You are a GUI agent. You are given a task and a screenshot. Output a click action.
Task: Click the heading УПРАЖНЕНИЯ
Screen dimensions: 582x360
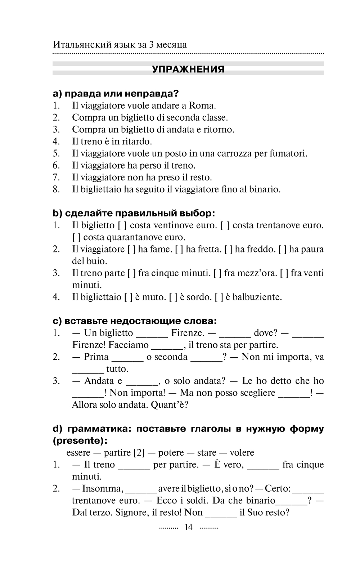coord(188,69)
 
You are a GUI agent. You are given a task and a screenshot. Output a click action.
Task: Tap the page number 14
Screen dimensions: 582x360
coord(188,527)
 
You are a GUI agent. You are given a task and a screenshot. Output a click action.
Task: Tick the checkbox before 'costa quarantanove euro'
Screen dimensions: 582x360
coord(76,237)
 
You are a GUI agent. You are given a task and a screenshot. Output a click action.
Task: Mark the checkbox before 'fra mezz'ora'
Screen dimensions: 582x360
coord(217,273)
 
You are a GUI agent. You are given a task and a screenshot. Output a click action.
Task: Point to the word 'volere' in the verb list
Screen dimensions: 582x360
coord(242,453)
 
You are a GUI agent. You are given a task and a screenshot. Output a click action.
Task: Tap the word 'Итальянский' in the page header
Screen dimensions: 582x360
coord(77,45)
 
